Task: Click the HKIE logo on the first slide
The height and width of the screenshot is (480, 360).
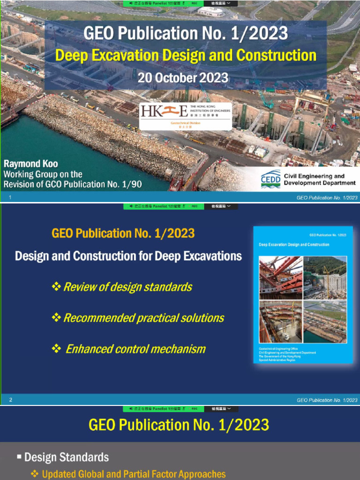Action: (185, 116)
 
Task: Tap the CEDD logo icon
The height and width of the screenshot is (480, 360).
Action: (270, 180)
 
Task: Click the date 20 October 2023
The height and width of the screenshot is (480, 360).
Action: (183, 77)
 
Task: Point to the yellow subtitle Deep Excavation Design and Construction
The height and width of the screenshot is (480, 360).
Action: (186, 55)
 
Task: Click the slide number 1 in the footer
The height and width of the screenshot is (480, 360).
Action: (10, 197)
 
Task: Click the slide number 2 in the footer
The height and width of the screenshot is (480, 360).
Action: (10, 400)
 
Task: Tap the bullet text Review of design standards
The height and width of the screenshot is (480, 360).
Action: (127, 287)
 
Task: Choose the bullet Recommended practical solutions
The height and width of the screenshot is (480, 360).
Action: (143, 318)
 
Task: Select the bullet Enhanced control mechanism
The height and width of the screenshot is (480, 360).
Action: (135, 349)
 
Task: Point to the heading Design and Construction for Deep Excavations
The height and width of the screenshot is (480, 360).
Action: (128, 256)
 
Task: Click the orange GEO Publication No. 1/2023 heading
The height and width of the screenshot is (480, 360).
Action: (123, 233)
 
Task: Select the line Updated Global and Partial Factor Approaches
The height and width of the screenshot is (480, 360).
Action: (134, 474)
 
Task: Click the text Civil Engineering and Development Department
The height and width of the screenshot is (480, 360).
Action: (319, 180)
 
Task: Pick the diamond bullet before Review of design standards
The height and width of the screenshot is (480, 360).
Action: (56, 287)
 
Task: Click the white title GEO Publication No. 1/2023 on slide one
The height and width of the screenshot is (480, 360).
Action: (186, 34)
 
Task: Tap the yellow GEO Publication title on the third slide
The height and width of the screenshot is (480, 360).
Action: (179, 425)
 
